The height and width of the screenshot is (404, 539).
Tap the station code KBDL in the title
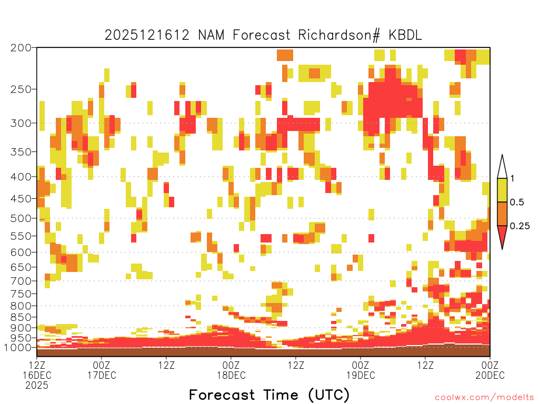tap(405, 35)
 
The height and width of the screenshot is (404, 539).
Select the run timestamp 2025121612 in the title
tap(147, 35)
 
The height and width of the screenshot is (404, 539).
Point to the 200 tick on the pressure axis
tap(21, 48)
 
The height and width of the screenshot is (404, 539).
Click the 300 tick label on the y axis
tap(21, 123)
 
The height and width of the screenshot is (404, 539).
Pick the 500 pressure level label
tap(21, 218)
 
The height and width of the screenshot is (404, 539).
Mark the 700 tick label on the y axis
tap(21, 281)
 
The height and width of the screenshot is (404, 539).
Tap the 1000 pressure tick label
tap(18, 347)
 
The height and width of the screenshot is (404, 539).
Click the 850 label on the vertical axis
tap(21, 317)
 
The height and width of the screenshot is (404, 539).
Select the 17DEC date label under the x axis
tap(102, 376)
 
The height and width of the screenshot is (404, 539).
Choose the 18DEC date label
tap(232, 376)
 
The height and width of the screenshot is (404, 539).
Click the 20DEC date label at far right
tap(490, 376)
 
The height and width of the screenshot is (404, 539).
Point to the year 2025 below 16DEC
tap(37, 386)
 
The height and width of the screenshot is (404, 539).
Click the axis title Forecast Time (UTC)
tap(269, 395)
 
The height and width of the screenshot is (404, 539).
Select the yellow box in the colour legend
tap(502, 190)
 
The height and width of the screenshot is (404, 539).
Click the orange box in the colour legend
tap(502, 214)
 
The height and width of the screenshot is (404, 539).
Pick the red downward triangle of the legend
tap(502, 235)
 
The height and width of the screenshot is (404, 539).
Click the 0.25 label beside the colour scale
tap(520, 226)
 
